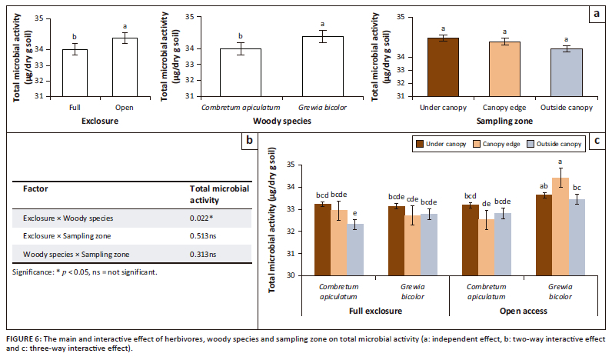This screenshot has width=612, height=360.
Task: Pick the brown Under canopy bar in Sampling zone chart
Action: click(443, 67)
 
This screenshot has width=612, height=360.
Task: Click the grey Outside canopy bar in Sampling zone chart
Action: click(566, 72)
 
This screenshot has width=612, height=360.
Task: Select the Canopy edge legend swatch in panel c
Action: click(476, 143)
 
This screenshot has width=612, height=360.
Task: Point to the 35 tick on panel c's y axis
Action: click(291, 165)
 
